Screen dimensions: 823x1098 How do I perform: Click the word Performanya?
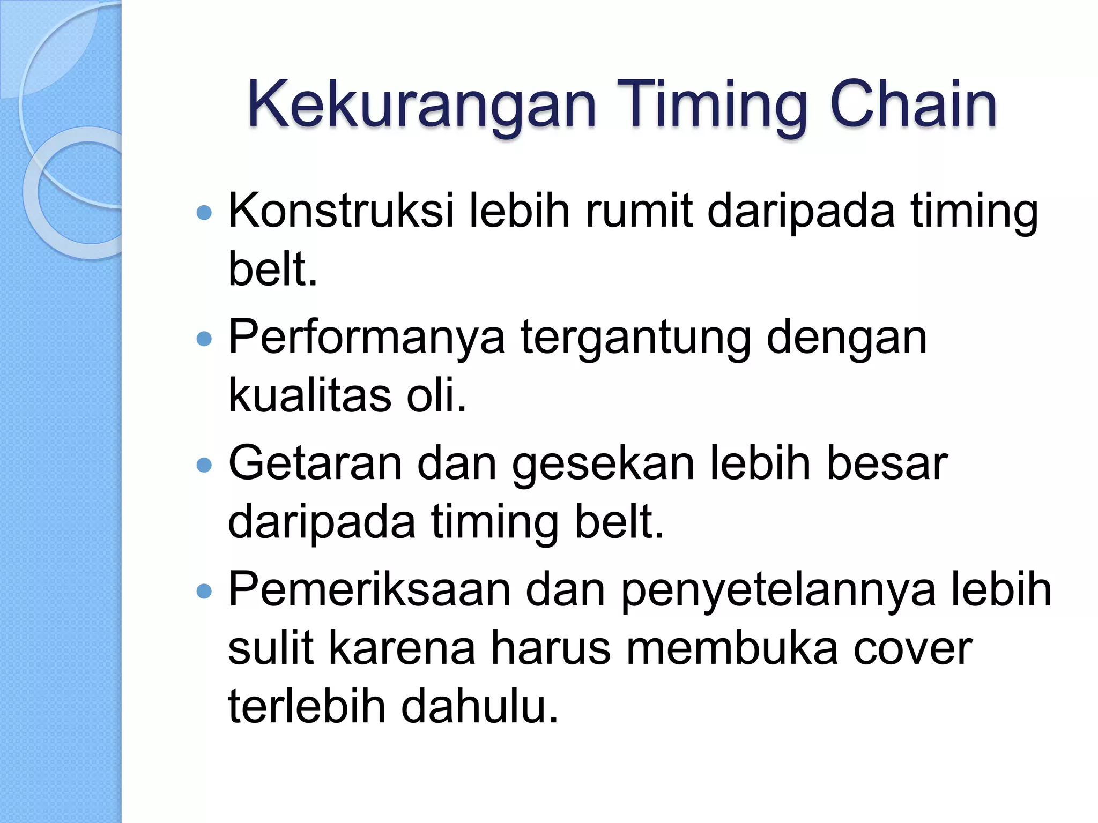(366, 339)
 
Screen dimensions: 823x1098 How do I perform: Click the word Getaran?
(315, 464)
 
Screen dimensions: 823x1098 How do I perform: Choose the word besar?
(887, 464)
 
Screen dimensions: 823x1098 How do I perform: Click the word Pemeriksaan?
(369, 590)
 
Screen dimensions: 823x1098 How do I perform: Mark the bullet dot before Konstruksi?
(204, 213)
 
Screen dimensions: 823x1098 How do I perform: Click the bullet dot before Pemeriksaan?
(204, 591)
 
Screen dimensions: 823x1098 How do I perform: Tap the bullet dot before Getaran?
(204, 465)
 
